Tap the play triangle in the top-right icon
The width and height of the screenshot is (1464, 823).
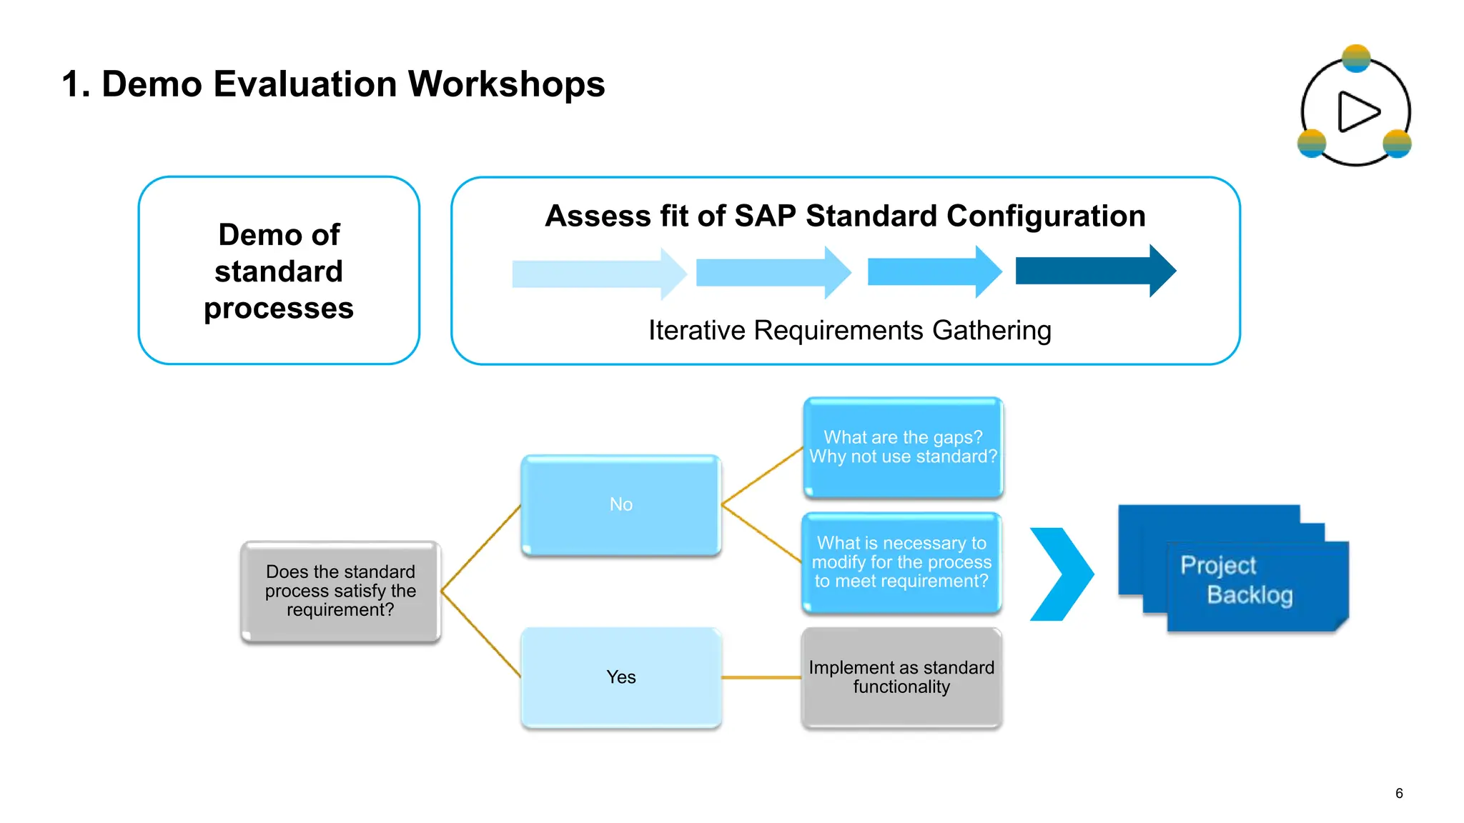click(1357, 111)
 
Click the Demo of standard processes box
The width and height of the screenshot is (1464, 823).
click(279, 271)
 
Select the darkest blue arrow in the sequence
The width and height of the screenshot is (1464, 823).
click(1094, 271)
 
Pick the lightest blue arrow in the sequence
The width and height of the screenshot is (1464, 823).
click(598, 274)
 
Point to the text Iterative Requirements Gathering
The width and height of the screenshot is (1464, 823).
click(849, 331)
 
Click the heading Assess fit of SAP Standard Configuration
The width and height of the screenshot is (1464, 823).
click(845, 216)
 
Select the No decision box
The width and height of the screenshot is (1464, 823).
click(620, 504)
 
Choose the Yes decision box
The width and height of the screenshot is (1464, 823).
click(620, 677)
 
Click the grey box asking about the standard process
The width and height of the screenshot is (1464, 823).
click(340, 591)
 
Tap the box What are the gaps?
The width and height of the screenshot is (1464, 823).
click(903, 447)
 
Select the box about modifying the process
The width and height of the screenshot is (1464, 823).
click(901, 562)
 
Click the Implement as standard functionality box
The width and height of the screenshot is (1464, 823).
click(901, 677)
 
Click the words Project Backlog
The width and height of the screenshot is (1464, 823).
click(1237, 579)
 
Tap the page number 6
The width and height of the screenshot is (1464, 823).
click(1399, 793)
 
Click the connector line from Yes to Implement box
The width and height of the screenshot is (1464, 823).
click(761, 677)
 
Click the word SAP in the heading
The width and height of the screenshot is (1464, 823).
click(765, 216)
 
